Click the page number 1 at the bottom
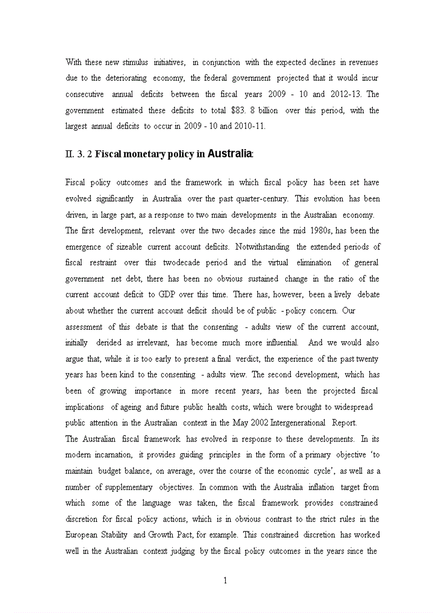point(225,580)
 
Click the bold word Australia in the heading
point(230,154)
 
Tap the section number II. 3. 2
point(78,154)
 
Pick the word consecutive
point(85,94)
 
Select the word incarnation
point(113,455)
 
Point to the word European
point(81,534)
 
